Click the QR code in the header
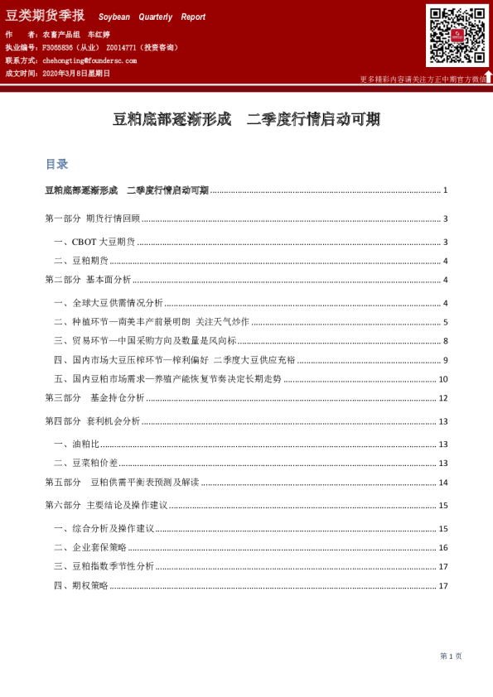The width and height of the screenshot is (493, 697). click(x=457, y=36)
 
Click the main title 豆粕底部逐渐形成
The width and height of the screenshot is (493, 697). click(x=172, y=119)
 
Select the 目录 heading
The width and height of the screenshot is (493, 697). click(x=56, y=164)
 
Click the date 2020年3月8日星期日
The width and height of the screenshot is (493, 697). click(x=69, y=73)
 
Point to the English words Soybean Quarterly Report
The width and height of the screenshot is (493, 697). click(x=152, y=17)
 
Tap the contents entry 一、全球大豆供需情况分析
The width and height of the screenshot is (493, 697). click(x=108, y=303)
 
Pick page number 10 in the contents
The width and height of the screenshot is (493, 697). click(x=443, y=379)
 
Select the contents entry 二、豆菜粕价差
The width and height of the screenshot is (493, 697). click(x=85, y=463)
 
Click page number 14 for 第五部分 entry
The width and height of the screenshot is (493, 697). click(x=443, y=483)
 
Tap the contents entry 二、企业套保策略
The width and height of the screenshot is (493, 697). click(x=90, y=547)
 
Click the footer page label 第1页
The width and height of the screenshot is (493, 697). click(x=451, y=656)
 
